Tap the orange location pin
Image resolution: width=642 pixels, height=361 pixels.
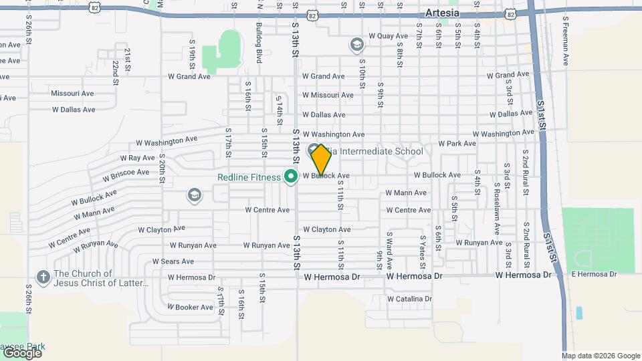pyautogui.click(x=321, y=160)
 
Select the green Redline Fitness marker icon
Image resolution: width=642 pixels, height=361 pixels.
pyautogui.click(x=291, y=177)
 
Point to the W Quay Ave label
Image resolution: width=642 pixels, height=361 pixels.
pyautogui.click(x=388, y=36)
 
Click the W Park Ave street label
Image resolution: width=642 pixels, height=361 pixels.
pyautogui.click(x=457, y=143)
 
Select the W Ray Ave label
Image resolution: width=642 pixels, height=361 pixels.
pyautogui.click(x=138, y=158)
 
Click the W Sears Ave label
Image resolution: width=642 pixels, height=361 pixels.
pyautogui.click(x=173, y=261)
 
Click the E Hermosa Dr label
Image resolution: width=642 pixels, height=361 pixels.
pyautogui.click(x=594, y=274)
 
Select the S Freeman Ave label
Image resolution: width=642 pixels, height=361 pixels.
pyautogui.click(x=566, y=41)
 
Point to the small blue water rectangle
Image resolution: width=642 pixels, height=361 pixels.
pyautogui.click(x=578, y=312)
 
